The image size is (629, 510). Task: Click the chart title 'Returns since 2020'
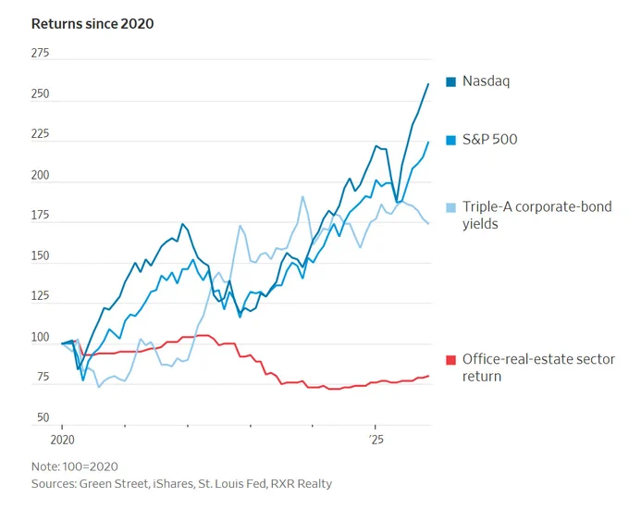[92, 24]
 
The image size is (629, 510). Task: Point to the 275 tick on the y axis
[40, 53]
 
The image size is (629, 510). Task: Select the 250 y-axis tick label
[40, 93]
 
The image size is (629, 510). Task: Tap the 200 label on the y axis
[40, 175]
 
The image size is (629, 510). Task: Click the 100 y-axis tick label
[40, 337]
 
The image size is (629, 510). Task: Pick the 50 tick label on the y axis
[43, 417]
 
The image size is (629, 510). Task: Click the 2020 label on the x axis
[63, 440]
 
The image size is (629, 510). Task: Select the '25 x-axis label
[376, 440]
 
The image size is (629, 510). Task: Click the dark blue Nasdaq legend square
[450, 81]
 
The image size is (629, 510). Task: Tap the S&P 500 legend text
[490, 139]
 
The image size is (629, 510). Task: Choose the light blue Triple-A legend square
[450, 207]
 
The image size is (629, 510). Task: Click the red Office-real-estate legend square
[450, 360]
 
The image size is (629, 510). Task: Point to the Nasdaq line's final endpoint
[428, 84]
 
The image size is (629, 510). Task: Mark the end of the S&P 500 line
[428, 142]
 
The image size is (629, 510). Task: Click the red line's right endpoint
[429, 376]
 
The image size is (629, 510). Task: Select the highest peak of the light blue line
[302, 196]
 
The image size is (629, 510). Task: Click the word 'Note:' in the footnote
[45, 466]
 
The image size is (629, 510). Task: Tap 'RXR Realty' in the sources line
[302, 484]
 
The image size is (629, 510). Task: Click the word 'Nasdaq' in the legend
[487, 81]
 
